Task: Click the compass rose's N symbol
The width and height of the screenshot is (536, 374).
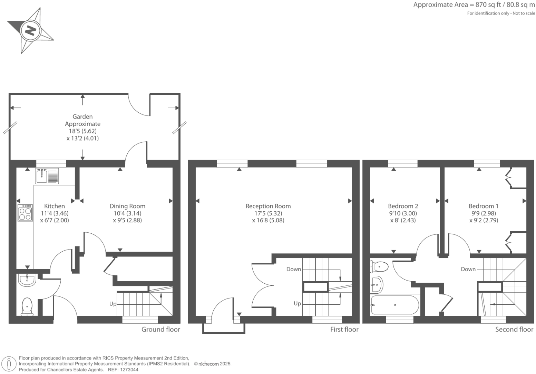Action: click(x=31, y=31)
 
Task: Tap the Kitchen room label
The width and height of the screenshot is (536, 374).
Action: click(x=55, y=206)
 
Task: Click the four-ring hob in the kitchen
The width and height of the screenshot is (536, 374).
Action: click(x=25, y=213)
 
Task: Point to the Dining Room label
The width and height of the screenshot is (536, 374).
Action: click(x=127, y=206)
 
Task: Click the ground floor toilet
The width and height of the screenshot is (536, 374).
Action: click(x=27, y=306)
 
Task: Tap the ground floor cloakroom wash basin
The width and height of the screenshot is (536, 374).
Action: click(x=27, y=280)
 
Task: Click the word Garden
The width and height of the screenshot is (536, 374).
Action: click(x=82, y=117)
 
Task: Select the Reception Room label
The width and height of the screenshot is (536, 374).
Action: click(x=268, y=206)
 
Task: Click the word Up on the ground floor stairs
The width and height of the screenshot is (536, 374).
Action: click(x=113, y=304)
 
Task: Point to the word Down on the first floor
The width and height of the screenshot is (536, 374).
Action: click(x=294, y=269)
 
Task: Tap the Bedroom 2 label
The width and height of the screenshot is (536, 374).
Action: click(x=403, y=206)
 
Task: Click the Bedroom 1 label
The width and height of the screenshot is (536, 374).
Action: click(x=484, y=206)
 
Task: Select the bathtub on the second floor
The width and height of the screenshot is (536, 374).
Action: click(x=395, y=305)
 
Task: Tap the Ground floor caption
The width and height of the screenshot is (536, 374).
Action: click(x=161, y=329)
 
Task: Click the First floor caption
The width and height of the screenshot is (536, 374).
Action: click(x=344, y=329)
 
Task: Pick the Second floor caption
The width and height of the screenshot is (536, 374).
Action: click(x=514, y=329)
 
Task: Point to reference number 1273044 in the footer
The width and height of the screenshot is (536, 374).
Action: click(x=128, y=370)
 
